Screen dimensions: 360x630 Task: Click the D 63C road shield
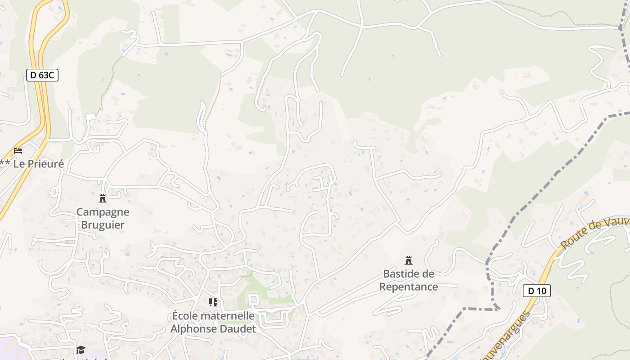pos(43,75)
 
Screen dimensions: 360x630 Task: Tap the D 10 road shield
pos(537,291)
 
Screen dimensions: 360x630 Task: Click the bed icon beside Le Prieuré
pos(18,150)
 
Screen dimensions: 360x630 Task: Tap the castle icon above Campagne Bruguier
pos(103,198)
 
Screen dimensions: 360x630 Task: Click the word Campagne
pos(103,212)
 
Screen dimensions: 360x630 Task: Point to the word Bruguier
pos(103,225)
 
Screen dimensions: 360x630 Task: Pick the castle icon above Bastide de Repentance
pos(409,260)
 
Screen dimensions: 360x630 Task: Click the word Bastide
pos(402,274)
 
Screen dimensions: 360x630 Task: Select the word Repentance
pos(409,287)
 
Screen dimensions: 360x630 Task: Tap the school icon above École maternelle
pos(213,302)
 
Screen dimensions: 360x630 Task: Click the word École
pos(185,316)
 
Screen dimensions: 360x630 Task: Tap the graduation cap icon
pos(81,350)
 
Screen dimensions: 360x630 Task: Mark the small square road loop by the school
pos(253,299)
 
